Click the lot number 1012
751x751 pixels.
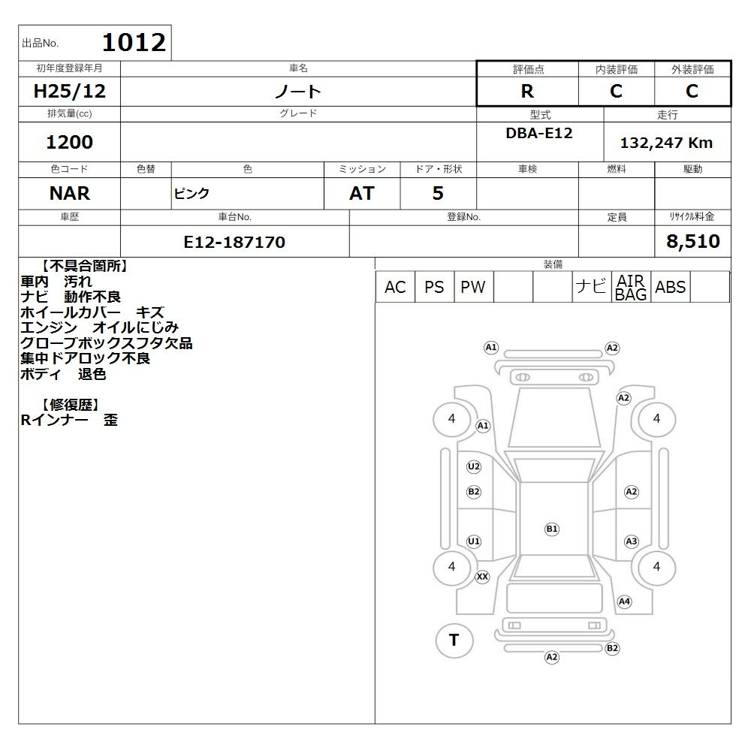click(134, 42)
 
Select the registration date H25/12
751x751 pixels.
click(69, 91)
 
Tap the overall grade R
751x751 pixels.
click(527, 91)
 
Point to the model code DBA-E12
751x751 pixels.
click(539, 133)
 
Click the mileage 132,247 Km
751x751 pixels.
click(666, 143)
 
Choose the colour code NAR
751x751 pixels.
click(69, 193)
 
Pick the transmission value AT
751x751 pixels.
click(362, 193)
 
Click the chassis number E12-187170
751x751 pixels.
click(234, 242)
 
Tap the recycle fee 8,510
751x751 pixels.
click(693, 241)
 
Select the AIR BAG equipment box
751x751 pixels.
click(631, 287)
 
